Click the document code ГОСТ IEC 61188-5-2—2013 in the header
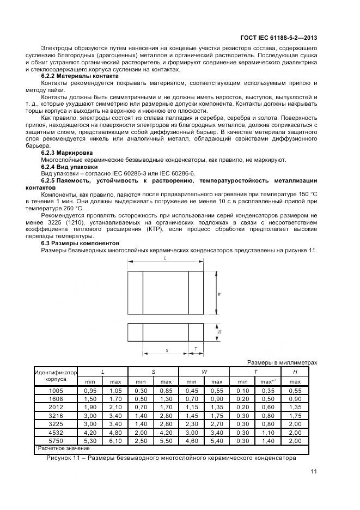(279, 38)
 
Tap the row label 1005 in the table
(56, 391)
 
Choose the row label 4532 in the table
(56, 433)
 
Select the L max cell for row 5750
(115, 441)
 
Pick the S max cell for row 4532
(166, 433)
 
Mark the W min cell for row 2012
(192, 408)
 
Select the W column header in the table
(204, 371)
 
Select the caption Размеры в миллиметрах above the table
(282, 362)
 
